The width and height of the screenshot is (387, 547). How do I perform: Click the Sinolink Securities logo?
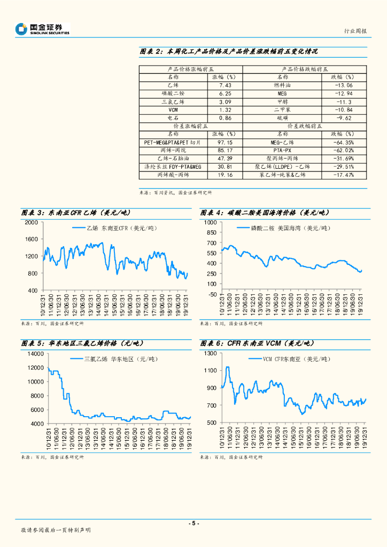click(x=42, y=29)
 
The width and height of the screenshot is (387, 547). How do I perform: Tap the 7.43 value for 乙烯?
click(x=225, y=85)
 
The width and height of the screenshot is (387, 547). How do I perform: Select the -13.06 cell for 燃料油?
click(x=342, y=85)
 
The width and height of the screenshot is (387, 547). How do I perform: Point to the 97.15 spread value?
click(x=225, y=143)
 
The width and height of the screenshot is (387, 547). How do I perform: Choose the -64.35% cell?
click(x=342, y=143)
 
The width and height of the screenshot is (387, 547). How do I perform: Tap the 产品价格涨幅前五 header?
click(x=191, y=69)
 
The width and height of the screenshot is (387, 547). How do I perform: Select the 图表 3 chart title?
click(x=75, y=213)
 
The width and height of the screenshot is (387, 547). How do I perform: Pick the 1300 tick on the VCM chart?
click(x=209, y=354)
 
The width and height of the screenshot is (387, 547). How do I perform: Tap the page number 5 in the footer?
click(x=194, y=523)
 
